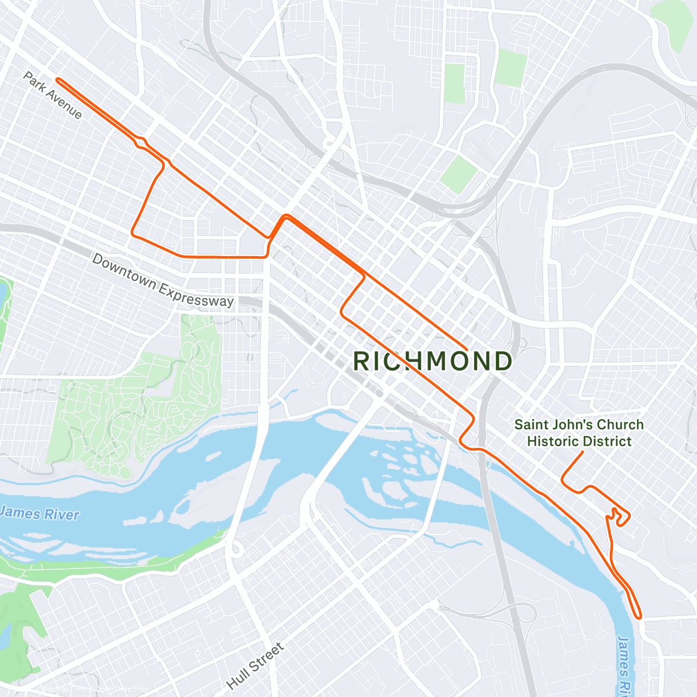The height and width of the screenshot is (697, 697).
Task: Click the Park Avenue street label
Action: [x=53, y=95]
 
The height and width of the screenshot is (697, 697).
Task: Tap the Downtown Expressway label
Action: [x=163, y=281]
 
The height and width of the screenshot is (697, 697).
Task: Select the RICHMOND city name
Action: [x=432, y=361]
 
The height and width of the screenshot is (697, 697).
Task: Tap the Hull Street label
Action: [x=256, y=666]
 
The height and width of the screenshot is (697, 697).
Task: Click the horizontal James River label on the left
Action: [x=39, y=513]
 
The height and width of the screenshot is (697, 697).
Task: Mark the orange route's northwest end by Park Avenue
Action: [x=57, y=80]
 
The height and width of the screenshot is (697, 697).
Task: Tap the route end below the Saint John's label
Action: [x=583, y=452]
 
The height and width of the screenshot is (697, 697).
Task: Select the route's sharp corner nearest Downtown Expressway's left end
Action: [x=133, y=233]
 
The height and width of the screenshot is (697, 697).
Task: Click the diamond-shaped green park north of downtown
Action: [x=458, y=174]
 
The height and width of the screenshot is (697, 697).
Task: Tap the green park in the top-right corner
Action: [x=674, y=23]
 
